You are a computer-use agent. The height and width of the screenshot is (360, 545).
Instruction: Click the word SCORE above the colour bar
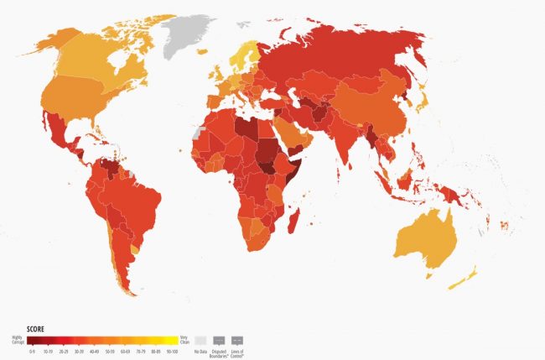tap(36, 328)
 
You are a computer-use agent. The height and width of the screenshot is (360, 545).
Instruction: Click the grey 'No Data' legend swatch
tap(200, 339)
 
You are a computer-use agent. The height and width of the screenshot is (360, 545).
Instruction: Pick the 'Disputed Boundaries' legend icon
tap(219, 339)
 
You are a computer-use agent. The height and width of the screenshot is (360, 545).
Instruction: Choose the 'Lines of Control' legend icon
tap(237, 339)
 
